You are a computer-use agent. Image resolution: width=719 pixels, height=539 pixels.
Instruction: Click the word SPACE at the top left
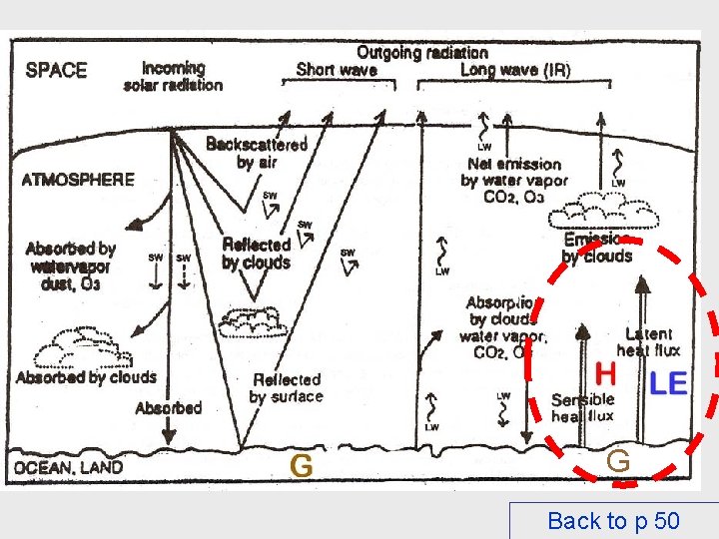pos(56,70)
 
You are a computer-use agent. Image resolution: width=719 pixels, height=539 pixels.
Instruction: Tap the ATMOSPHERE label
pos(78,180)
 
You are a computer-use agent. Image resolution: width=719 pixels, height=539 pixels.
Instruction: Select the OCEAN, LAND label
pos(69,466)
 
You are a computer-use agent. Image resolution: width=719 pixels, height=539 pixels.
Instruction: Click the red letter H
pos(605,374)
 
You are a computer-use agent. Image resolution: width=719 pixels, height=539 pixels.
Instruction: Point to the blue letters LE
pos(668,382)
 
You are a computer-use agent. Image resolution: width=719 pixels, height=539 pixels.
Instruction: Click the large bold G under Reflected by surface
pos(301,464)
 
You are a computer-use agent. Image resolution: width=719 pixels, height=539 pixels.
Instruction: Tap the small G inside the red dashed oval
pos(618,460)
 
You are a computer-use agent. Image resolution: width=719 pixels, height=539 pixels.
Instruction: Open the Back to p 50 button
pos(613,520)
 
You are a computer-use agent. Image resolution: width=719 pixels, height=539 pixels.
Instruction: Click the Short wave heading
pos(337,70)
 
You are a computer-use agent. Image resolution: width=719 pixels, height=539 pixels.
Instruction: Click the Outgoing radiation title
pos(422,51)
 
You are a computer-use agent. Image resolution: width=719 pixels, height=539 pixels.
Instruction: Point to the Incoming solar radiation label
pos(174,77)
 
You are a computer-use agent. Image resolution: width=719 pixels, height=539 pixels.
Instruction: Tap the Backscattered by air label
pos(256,153)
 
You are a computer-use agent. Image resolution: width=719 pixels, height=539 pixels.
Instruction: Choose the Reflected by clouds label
pos(256,254)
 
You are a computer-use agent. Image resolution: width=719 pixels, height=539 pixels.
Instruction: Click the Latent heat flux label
pos(648,341)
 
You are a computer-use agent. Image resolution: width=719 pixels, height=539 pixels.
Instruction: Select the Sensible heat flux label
pos(582,407)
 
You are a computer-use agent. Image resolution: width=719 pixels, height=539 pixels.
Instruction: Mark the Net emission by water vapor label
pos(513,181)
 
